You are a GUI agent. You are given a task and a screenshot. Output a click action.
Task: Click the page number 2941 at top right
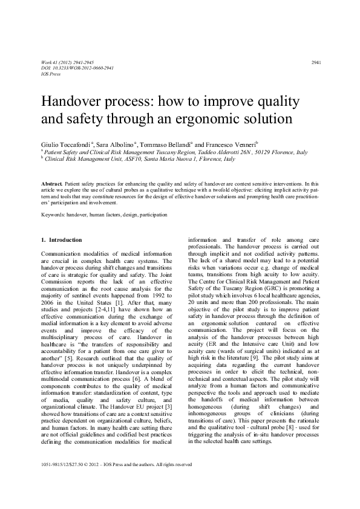[x=315, y=63]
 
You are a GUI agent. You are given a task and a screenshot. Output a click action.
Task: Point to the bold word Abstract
[x=52, y=182]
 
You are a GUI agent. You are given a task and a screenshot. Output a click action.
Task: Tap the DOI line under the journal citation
[x=69, y=68]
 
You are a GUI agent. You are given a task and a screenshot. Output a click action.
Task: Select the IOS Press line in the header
[x=50, y=74]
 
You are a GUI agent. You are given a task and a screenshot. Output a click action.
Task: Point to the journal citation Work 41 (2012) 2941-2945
[x=69, y=63]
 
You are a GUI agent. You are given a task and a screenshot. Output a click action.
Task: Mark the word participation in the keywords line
[x=149, y=214]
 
